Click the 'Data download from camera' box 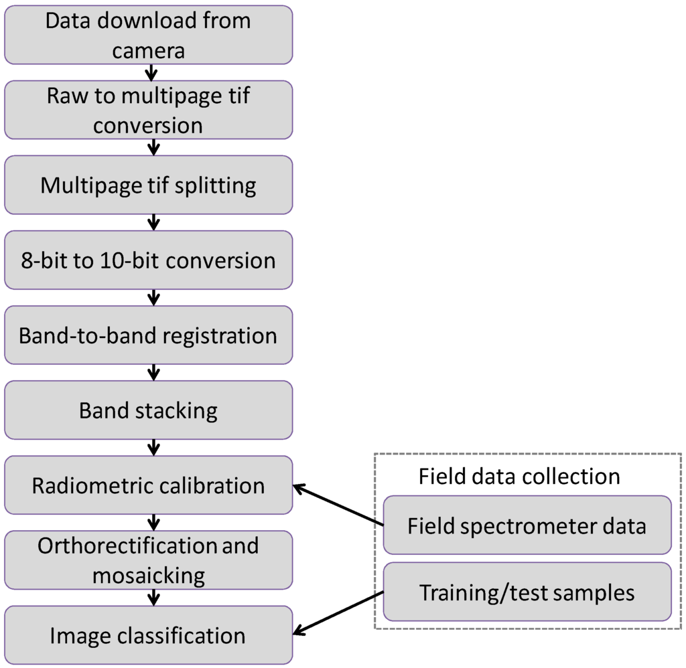pos(148,35)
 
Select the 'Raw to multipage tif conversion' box pos(148,110)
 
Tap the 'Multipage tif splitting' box pos(148,185)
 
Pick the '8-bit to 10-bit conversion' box pos(148,260)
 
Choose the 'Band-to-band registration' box pos(148,335)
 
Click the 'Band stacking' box pos(148,410)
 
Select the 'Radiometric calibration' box pos(148,485)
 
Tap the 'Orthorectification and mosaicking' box pos(148,560)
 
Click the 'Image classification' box pos(148,635)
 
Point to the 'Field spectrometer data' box pos(527,525)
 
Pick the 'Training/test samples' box pos(527,592)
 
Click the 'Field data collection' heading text pos(519,476)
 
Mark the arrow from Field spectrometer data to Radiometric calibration pos(338,505)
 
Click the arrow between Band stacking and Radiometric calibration pos(153,447)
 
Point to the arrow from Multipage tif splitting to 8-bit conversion pos(153,222)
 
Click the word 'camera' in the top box pos(148,50)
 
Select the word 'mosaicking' pos(148,575)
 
